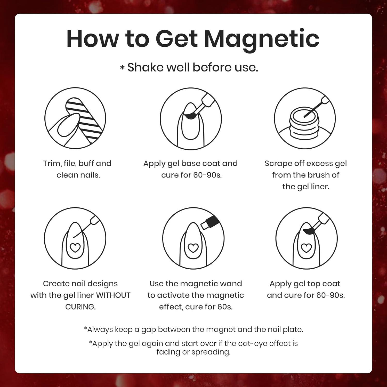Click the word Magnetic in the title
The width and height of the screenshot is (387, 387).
point(262,39)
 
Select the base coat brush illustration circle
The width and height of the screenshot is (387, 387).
point(191,118)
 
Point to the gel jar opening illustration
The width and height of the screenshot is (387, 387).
point(305,116)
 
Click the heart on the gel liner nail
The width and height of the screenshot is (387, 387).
point(75,248)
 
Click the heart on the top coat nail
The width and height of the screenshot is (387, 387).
point(307,248)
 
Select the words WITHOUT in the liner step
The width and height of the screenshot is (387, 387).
point(113,295)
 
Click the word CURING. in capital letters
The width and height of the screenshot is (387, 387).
point(80,307)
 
